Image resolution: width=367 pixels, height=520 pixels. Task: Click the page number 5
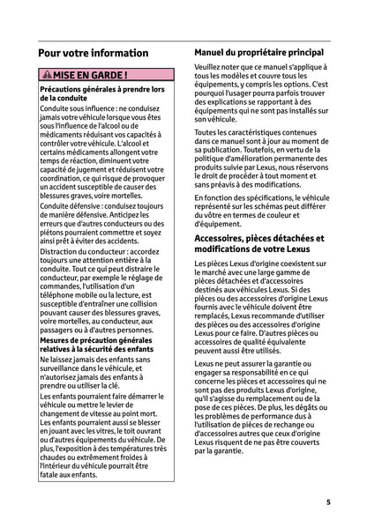pos(327,501)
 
